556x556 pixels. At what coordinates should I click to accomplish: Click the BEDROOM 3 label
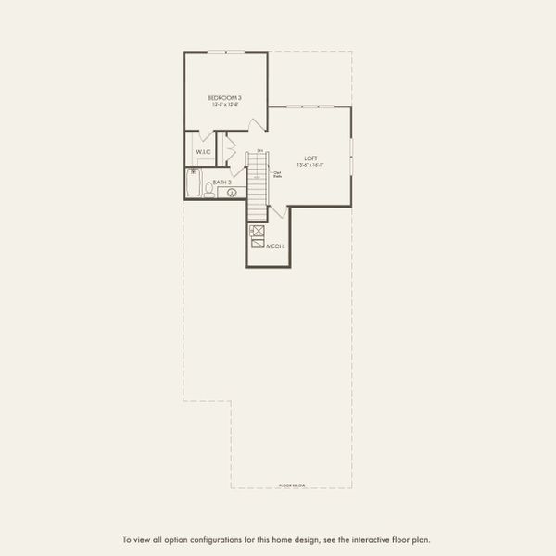click(x=224, y=98)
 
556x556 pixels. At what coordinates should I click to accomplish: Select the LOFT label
click(x=310, y=158)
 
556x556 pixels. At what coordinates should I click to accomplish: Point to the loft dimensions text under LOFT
click(x=310, y=165)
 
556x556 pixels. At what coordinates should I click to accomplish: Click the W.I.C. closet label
click(x=203, y=151)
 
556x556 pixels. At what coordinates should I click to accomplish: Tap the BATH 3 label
click(x=221, y=183)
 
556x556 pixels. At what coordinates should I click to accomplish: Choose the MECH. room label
click(x=275, y=246)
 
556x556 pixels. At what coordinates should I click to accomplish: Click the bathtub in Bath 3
click(x=193, y=184)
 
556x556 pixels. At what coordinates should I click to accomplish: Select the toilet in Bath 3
click(x=208, y=190)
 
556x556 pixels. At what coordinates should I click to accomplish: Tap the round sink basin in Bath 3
click(x=232, y=193)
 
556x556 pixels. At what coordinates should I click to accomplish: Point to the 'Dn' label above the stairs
click(x=260, y=150)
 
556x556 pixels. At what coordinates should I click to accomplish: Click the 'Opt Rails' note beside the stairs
click(x=277, y=174)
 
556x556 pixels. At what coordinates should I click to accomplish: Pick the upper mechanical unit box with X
click(x=258, y=231)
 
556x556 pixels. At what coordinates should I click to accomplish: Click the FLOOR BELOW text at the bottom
click(x=292, y=485)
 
